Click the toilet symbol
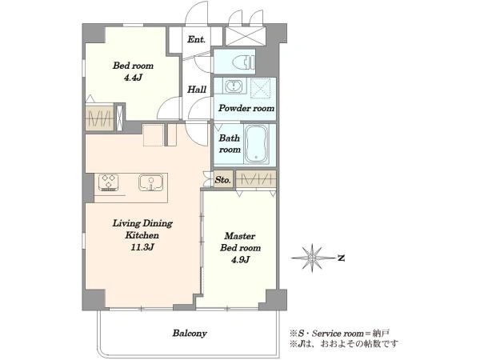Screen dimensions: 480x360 point(244,62)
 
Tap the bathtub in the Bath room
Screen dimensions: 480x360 point(257,143)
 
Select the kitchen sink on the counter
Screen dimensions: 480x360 point(150,182)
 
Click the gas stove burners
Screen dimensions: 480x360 point(108,182)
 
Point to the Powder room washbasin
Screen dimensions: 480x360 point(234,86)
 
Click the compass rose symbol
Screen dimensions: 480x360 point(312,258)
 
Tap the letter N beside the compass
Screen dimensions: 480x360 point(341,258)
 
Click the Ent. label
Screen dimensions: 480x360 point(196,39)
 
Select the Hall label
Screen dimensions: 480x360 point(197,90)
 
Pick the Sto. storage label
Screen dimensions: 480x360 point(222,180)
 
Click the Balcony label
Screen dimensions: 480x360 point(190,333)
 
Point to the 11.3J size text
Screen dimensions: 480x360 point(142,247)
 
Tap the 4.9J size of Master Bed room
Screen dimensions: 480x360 point(240,259)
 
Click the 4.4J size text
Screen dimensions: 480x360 point(133,78)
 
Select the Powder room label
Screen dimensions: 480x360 point(246,108)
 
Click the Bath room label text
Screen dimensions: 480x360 point(230,143)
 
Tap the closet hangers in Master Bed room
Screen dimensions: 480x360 point(256,178)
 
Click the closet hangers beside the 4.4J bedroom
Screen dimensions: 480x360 point(99,118)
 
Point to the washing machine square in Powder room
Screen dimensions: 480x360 point(261,88)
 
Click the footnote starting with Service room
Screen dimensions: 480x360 point(339,333)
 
